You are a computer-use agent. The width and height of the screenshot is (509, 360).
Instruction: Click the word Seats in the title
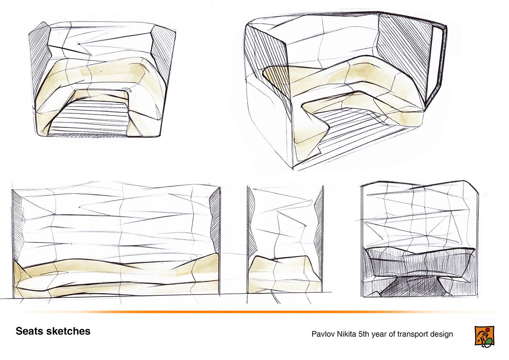click(29, 331)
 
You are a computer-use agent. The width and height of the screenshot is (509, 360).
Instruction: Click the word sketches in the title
click(68, 331)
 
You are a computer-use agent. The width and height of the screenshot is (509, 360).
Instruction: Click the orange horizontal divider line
click(258, 312)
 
